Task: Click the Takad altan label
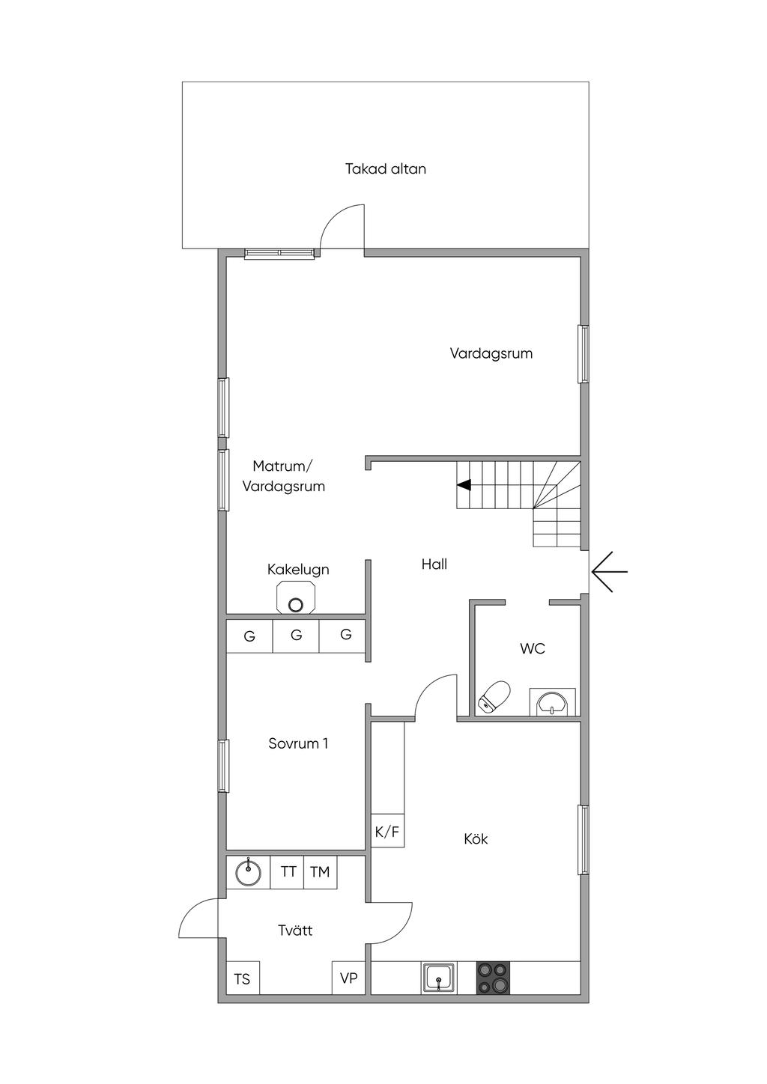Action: click(x=386, y=169)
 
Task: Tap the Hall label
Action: click(x=434, y=564)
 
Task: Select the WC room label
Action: click(x=532, y=648)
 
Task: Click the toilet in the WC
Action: click(x=494, y=697)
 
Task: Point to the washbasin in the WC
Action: click(x=552, y=702)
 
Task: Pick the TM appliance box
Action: click(x=320, y=872)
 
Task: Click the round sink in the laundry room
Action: click(x=248, y=873)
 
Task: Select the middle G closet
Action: click(x=296, y=636)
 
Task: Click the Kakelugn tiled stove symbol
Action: click(x=295, y=599)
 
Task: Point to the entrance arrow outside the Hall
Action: click(x=609, y=571)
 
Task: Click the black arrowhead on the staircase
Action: click(x=464, y=484)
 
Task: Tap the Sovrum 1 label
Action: click(x=298, y=743)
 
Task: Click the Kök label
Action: click(x=476, y=838)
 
